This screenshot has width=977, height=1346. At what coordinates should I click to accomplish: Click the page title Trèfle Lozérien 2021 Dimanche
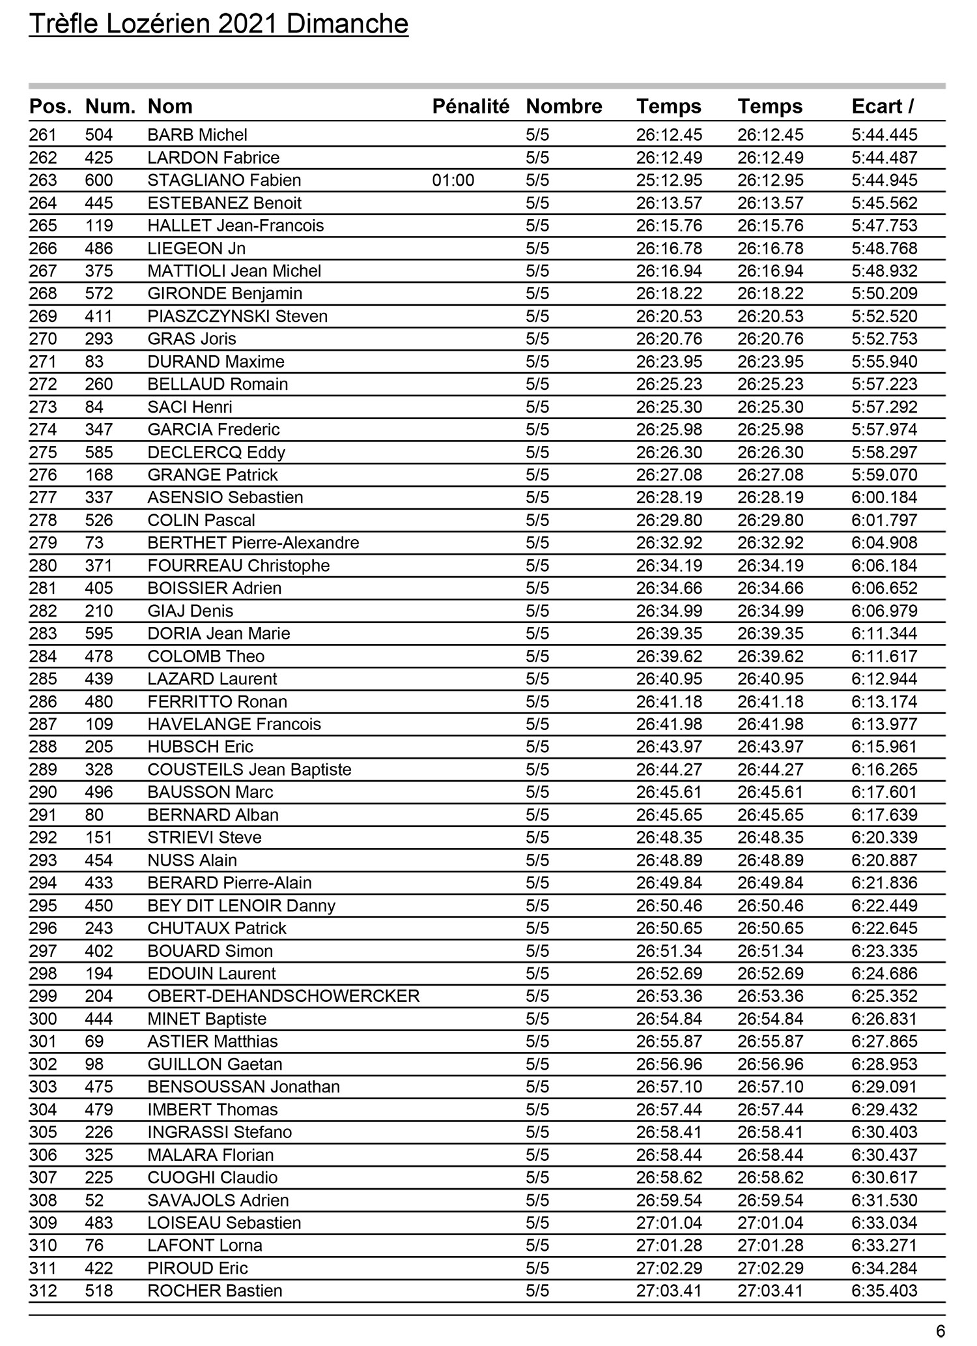tap(219, 24)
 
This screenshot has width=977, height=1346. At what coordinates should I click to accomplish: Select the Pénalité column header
tap(470, 106)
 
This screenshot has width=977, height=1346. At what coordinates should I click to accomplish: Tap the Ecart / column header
tap(882, 106)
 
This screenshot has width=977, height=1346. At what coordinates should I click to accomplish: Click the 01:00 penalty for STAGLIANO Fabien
tap(453, 181)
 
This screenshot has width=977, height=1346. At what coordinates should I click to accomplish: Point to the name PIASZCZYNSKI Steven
tap(238, 317)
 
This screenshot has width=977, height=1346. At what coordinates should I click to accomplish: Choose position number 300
tap(43, 1019)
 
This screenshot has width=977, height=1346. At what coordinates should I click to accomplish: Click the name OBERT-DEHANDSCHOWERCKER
tap(283, 996)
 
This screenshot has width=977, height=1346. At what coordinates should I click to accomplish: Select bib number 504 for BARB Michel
tap(99, 135)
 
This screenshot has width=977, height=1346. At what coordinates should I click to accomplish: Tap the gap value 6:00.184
tap(884, 498)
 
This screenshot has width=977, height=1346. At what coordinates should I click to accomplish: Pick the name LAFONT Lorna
tap(205, 1246)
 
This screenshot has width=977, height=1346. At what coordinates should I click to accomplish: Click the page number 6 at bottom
tap(940, 1331)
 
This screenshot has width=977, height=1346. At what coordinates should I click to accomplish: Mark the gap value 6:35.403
tap(884, 1291)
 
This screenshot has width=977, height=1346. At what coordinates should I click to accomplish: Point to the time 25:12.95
tap(669, 181)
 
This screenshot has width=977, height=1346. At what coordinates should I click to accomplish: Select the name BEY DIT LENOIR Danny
tap(242, 906)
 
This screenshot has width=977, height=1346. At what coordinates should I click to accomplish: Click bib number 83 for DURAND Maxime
tap(94, 362)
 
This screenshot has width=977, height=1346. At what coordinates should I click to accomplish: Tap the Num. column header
tap(110, 106)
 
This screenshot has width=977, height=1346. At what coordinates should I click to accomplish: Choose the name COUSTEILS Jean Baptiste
tap(249, 770)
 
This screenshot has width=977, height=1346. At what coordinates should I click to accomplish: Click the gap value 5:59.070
tap(884, 475)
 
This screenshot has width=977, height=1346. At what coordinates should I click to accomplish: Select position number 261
tap(43, 135)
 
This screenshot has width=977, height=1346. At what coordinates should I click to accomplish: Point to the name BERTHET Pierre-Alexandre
tap(253, 543)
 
